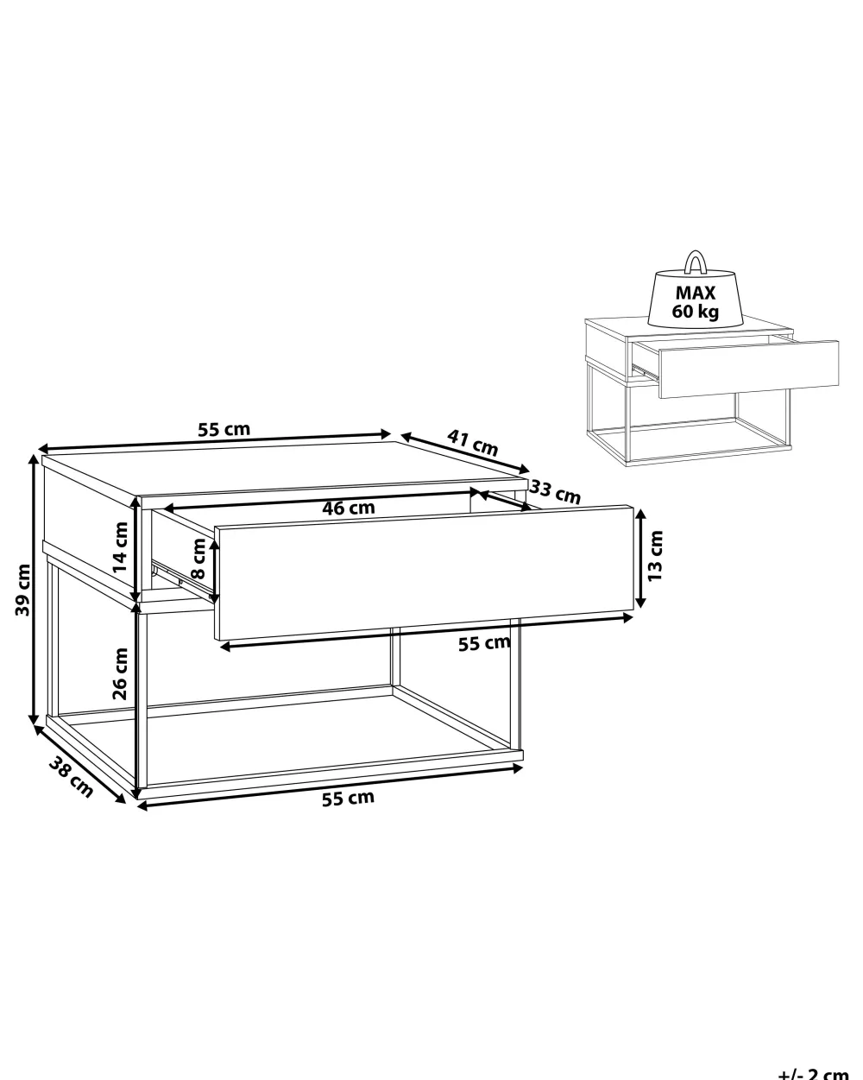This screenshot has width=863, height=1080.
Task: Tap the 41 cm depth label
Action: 473,442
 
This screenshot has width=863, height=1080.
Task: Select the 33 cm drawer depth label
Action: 556,491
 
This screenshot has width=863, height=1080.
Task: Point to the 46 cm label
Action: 348,508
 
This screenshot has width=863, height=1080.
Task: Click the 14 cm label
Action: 121,547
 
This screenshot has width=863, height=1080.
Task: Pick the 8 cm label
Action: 198,559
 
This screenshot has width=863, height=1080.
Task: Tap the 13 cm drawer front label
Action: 655,556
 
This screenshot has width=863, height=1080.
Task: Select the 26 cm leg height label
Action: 121,673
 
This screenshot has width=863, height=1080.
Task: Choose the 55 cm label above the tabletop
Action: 224,429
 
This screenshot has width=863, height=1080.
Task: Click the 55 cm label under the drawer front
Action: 484,643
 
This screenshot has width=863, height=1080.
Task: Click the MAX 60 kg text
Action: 696,301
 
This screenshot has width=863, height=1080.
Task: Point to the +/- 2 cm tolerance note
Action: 813,1073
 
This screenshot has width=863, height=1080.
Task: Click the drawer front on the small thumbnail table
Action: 749,369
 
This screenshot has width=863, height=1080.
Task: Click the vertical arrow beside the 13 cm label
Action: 640,558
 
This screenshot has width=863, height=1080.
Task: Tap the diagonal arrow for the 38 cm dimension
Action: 79,764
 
